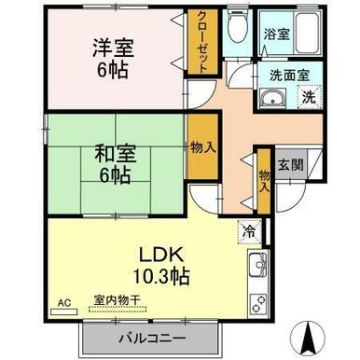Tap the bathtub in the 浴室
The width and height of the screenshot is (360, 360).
tap(307, 33)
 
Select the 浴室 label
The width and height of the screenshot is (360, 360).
tap(277, 34)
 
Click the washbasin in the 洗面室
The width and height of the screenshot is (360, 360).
tap(273, 98)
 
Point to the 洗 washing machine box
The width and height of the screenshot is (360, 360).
tap(309, 97)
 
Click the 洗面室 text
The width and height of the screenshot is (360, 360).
tap(289, 76)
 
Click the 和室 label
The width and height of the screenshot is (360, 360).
tap(116, 154)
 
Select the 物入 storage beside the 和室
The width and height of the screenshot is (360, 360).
tap(203, 146)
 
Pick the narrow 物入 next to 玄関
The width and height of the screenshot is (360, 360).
tap(264, 182)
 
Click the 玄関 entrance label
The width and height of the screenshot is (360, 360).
tap(290, 164)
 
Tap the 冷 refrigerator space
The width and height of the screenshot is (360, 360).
tap(249, 232)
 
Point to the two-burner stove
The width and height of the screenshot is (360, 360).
tap(257, 304)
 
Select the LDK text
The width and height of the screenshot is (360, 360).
tap(160, 255)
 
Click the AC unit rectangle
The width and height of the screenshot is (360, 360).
tap(64, 312)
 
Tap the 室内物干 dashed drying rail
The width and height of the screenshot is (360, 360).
tap(118, 310)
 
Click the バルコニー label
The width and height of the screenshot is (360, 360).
tap(152, 338)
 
